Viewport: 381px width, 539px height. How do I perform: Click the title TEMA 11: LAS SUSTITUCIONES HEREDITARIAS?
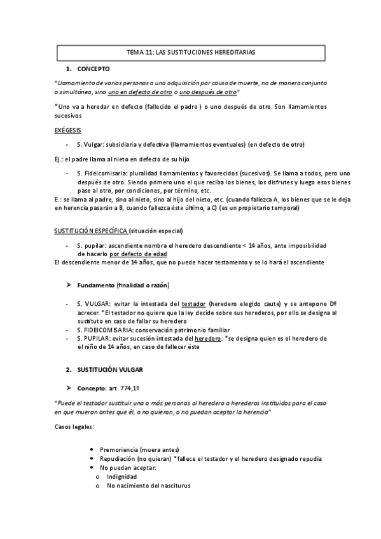pyautogui.click(x=191, y=53)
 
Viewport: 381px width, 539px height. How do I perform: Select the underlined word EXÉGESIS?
pyautogui.click(x=67, y=130)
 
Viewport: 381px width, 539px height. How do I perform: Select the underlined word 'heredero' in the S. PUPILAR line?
pyautogui.click(x=200, y=339)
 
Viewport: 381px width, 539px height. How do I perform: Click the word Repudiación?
pyautogui.click(x=123, y=458)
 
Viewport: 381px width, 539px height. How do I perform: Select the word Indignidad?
pyautogui.click(x=122, y=477)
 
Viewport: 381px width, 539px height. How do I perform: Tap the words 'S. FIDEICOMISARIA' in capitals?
pyautogui.click(x=105, y=330)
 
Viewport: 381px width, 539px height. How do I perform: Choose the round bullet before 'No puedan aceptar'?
pyautogui.click(x=94, y=468)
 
